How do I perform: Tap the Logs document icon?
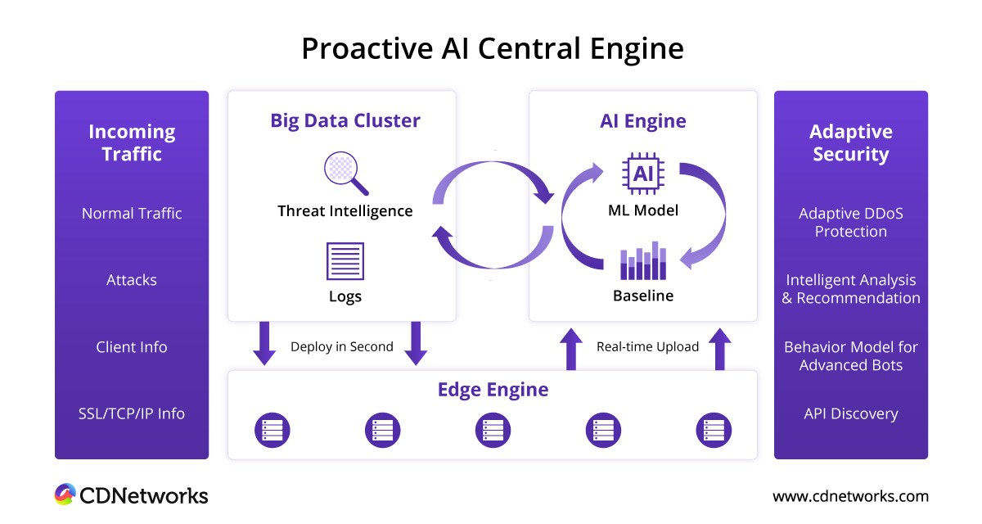[x=345, y=261]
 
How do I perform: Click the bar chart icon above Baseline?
[x=643, y=261]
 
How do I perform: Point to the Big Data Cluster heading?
[x=345, y=121]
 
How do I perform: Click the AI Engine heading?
[x=642, y=121]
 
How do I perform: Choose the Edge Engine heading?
[x=493, y=390]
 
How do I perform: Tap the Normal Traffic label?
[x=132, y=214]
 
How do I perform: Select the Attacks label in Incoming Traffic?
[x=132, y=280]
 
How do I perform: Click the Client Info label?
[x=132, y=347]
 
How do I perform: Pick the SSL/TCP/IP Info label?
[x=132, y=413]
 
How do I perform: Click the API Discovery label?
[x=851, y=413]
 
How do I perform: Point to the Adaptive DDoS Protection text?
[x=851, y=223]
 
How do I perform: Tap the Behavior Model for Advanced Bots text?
[x=851, y=356]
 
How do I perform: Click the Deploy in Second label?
[x=342, y=346]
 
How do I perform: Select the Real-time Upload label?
[x=647, y=346]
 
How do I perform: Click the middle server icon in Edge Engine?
[x=493, y=430]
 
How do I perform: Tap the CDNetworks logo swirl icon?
[x=65, y=495]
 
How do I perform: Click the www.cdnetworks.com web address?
[x=851, y=496]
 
